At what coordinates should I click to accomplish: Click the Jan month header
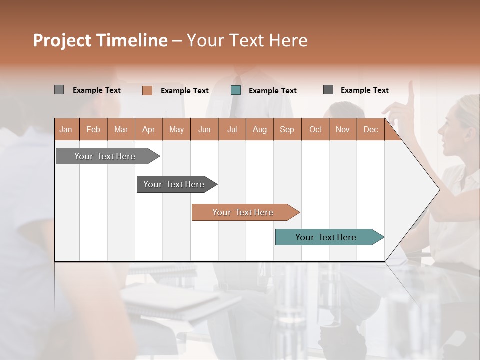66,129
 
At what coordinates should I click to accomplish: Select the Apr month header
149,129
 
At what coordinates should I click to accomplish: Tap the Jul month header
232,129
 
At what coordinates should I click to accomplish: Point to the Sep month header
287,129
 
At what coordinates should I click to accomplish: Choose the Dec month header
370,129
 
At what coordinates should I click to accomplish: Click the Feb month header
93,129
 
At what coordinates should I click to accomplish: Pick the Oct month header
315,129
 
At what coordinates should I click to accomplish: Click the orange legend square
147,90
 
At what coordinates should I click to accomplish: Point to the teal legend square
236,90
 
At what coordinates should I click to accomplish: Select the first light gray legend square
59,90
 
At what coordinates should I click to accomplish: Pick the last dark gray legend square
328,90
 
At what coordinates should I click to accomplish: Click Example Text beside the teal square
272,91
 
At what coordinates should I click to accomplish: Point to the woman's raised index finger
411,90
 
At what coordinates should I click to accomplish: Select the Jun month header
204,129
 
